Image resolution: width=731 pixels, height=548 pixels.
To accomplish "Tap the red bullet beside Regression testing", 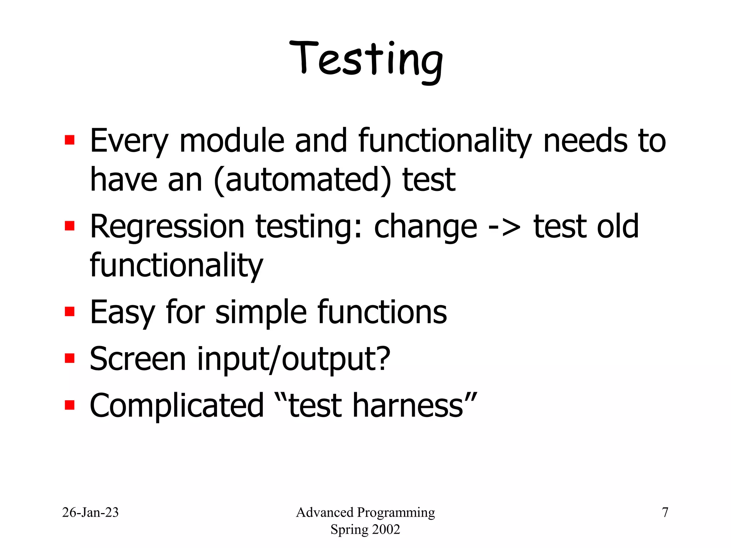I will coord(70,226).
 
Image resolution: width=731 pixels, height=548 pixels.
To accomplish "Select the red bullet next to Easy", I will coord(70,311).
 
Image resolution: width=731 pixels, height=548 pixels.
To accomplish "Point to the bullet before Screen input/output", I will coord(70,358).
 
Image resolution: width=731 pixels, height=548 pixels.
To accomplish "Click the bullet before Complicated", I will coord(70,405).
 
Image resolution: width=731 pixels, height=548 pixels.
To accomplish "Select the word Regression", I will coord(167,227).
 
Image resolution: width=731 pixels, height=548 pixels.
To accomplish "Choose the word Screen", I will coord(138,359).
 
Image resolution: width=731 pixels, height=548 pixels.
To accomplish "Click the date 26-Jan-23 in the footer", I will coord(90,512).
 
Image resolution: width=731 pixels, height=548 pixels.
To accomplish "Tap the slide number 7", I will coord(665,512).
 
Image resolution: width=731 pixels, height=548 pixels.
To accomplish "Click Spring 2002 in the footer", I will coord(365,529).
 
